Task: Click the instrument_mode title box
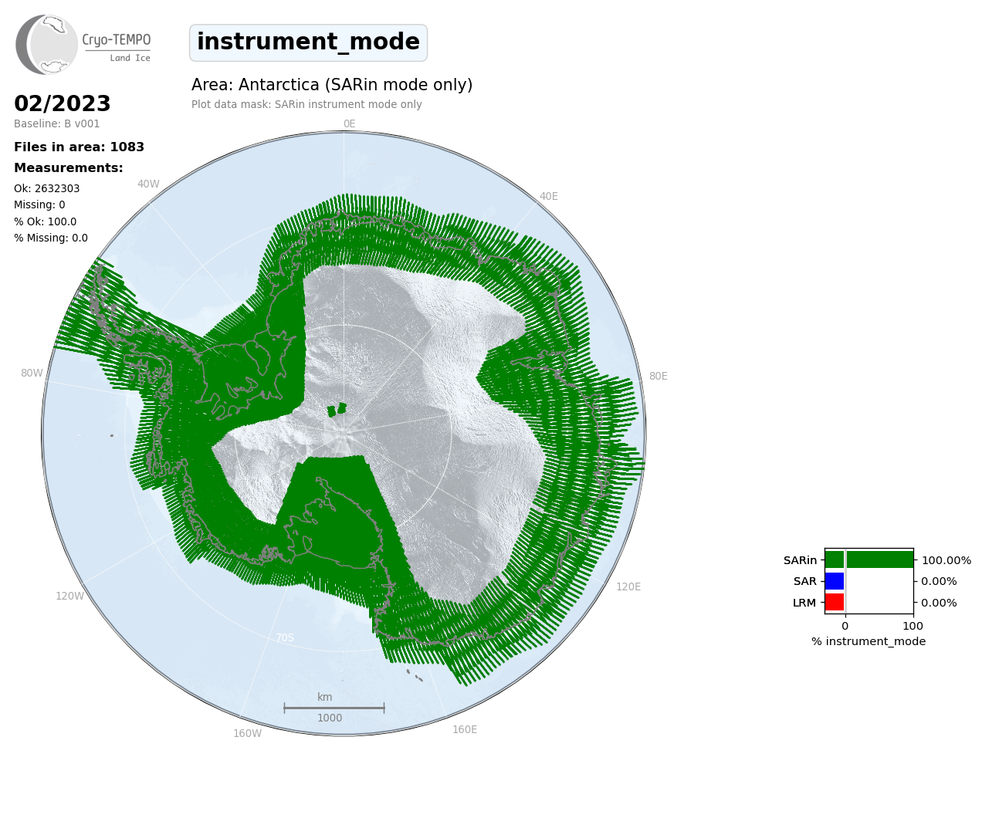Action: pyautogui.click(x=308, y=42)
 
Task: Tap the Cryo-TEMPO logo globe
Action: pyautogui.click(x=46, y=44)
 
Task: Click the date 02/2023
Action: pyautogui.click(x=62, y=103)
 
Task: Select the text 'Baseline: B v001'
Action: pyautogui.click(x=56, y=123)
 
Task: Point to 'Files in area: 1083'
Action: pyautogui.click(x=79, y=147)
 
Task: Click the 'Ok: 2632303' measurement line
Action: pyautogui.click(x=46, y=188)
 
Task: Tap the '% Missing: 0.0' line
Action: pyautogui.click(x=51, y=238)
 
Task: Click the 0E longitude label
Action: pyautogui.click(x=350, y=123)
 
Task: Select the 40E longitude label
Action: pyautogui.click(x=548, y=197)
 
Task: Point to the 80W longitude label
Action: pyautogui.click(x=32, y=374)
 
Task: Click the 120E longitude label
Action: pyautogui.click(x=628, y=586)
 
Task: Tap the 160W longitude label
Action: pyautogui.click(x=247, y=733)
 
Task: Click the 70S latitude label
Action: pyautogui.click(x=285, y=637)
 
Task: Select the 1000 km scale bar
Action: pyautogui.click(x=334, y=708)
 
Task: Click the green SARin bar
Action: pyautogui.click(x=869, y=559)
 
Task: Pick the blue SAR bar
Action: pyautogui.click(x=835, y=581)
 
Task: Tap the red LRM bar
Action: pyautogui.click(x=835, y=602)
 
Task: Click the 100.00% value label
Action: pyautogui.click(x=946, y=560)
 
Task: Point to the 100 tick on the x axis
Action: pyautogui.click(x=913, y=626)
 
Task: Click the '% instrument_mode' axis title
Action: pyautogui.click(x=869, y=642)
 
